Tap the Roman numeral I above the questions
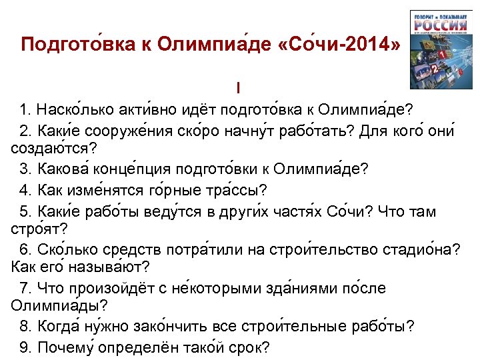click(x=237, y=88)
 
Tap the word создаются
click(x=51, y=147)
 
